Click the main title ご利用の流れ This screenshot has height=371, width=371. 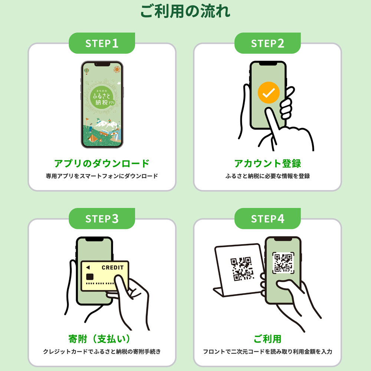[185, 11]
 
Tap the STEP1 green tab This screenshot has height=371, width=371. [102, 43]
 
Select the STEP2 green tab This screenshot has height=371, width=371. [267, 43]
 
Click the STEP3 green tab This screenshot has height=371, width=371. [102, 219]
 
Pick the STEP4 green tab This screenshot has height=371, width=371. [267, 219]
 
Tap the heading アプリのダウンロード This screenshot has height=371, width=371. [102, 163]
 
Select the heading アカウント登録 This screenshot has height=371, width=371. [267, 163]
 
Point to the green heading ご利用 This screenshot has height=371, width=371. [267, 339]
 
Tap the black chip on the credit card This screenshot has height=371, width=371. [90, 277]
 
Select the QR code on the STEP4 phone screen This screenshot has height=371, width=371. [283, 263]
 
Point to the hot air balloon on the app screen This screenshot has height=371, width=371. [86, 70]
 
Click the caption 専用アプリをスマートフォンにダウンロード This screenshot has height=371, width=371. [102, 176]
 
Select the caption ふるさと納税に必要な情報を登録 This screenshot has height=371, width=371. [267, 176]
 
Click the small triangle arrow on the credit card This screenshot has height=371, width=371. [88, 267]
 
